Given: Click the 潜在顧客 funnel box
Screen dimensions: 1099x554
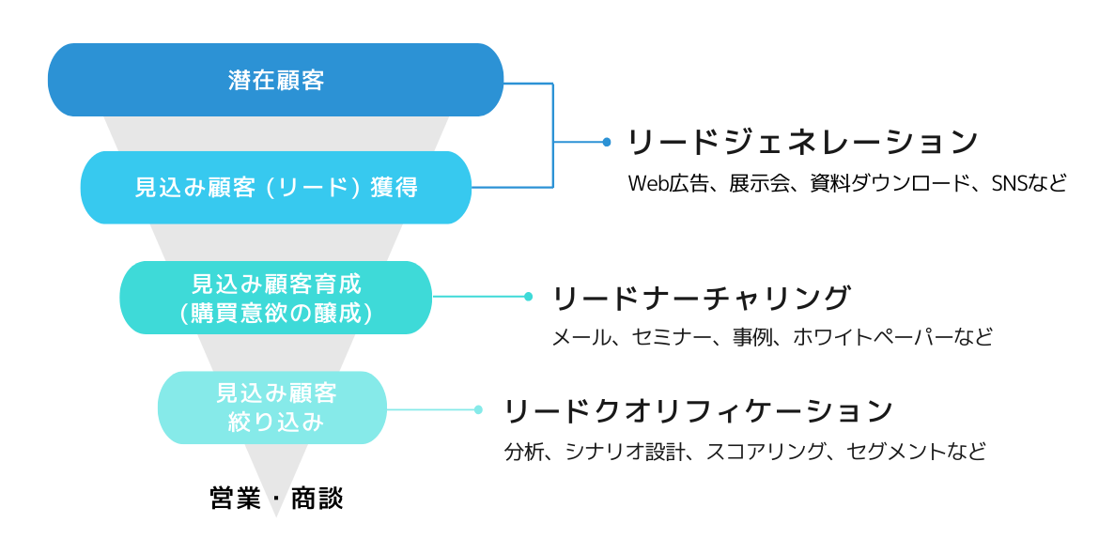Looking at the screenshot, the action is (x=275, y=80).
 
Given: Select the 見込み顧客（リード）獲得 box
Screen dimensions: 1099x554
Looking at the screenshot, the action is (x=275, y=187).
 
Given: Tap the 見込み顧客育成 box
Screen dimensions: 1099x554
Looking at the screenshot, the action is (x=275, y=298).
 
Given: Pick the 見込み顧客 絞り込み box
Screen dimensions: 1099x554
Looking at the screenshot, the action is (x=272, y=408).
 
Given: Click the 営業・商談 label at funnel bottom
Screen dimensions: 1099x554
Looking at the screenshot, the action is (x=276, y=499).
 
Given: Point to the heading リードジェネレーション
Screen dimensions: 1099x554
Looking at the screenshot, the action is (x=802, y=142).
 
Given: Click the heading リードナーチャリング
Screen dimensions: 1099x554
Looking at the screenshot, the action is (x=701, y=298).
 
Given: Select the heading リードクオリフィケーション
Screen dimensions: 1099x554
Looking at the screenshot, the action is (x=698, y=411).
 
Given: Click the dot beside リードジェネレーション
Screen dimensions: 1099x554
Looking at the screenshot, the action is (x=606, y=142).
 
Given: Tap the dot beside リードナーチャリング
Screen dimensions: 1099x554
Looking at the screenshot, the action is (x=529, y=297).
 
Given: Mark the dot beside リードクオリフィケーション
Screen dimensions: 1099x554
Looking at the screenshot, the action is (x=478, y=409).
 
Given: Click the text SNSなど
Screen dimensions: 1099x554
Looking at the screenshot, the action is (x=1029, y=183).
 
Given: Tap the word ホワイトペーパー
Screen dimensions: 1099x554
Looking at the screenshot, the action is (x=873, y=338).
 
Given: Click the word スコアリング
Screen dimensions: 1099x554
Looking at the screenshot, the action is (x=766, y=451).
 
